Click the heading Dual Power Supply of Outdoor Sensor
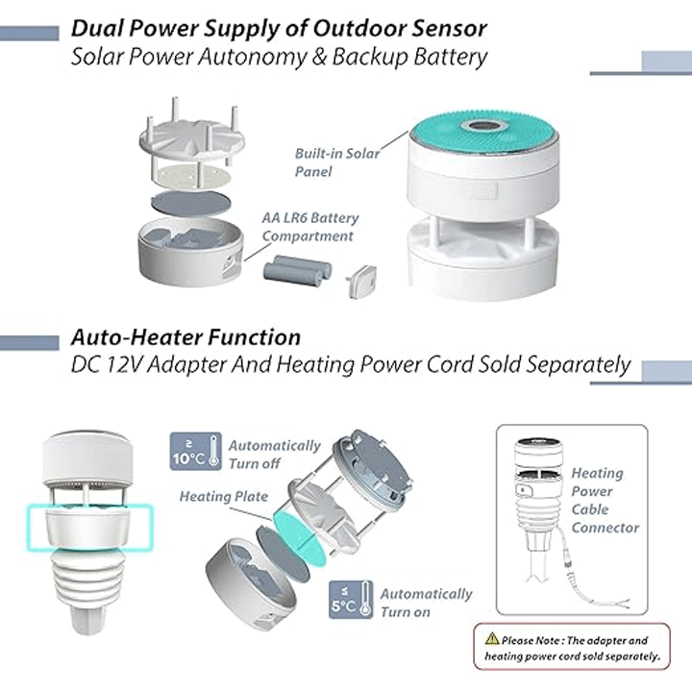279,27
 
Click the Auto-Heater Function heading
185,337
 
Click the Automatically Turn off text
274,455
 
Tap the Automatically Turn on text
426,603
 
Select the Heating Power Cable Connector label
604,500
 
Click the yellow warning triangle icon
492,639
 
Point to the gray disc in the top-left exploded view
189,203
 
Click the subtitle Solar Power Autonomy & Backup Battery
279,56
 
